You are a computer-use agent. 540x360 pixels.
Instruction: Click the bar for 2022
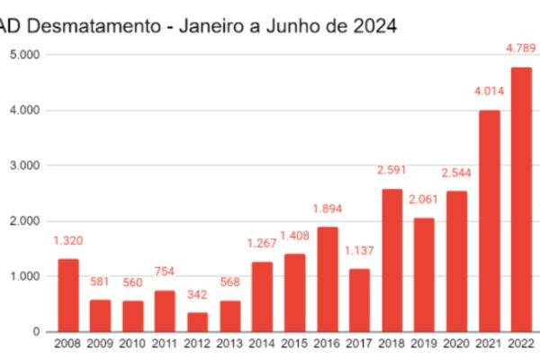click(x=521, y=200)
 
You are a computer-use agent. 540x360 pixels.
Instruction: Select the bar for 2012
click(x=198, y=322)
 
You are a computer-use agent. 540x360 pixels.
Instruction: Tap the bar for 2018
click(x=391, y=260)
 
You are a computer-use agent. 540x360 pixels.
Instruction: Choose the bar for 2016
click(x=327, y=279)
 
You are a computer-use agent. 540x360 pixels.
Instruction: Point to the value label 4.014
click(x=488, y=90)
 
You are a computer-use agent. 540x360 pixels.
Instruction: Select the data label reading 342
click(x=198, y=295)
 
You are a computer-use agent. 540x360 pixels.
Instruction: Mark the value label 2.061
click(x=425, y=200)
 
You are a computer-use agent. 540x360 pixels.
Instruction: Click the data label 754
click(x=166, y=272)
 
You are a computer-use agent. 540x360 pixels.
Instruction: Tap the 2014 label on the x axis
click(x=262, y=345)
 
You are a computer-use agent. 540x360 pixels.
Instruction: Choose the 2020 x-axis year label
click(x=456, y=345)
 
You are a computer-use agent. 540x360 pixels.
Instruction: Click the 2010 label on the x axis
click(x=133, y=345)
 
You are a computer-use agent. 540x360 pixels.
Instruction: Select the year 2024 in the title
click(x=374, y=26)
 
